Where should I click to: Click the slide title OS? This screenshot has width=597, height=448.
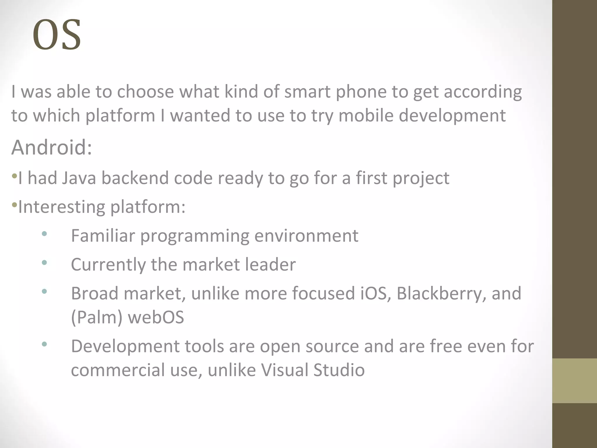click(x=57, y=35)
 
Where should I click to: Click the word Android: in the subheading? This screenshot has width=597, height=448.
click(x=52, y=147)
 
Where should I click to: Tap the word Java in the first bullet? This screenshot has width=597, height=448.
click(x=79, y=178)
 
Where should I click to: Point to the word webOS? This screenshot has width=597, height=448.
click(x=156, y=317)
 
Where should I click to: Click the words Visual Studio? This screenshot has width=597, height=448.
click(x=312, y=370)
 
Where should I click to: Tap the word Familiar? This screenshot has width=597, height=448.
click(x=103, y=236)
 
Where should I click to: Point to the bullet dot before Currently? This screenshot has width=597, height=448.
click(x=44, y=263)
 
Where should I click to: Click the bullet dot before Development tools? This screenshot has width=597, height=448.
click(x=44, y=344)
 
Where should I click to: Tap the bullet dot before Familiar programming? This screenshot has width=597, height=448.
click(x=44, y=234)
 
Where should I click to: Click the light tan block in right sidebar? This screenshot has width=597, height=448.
click(x=574, y=381)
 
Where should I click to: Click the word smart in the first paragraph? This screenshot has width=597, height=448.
click(x=307, y=92)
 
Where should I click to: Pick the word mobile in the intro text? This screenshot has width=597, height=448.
click(x=366, y=116)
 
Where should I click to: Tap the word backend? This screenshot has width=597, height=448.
click(x=135, y=178)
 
